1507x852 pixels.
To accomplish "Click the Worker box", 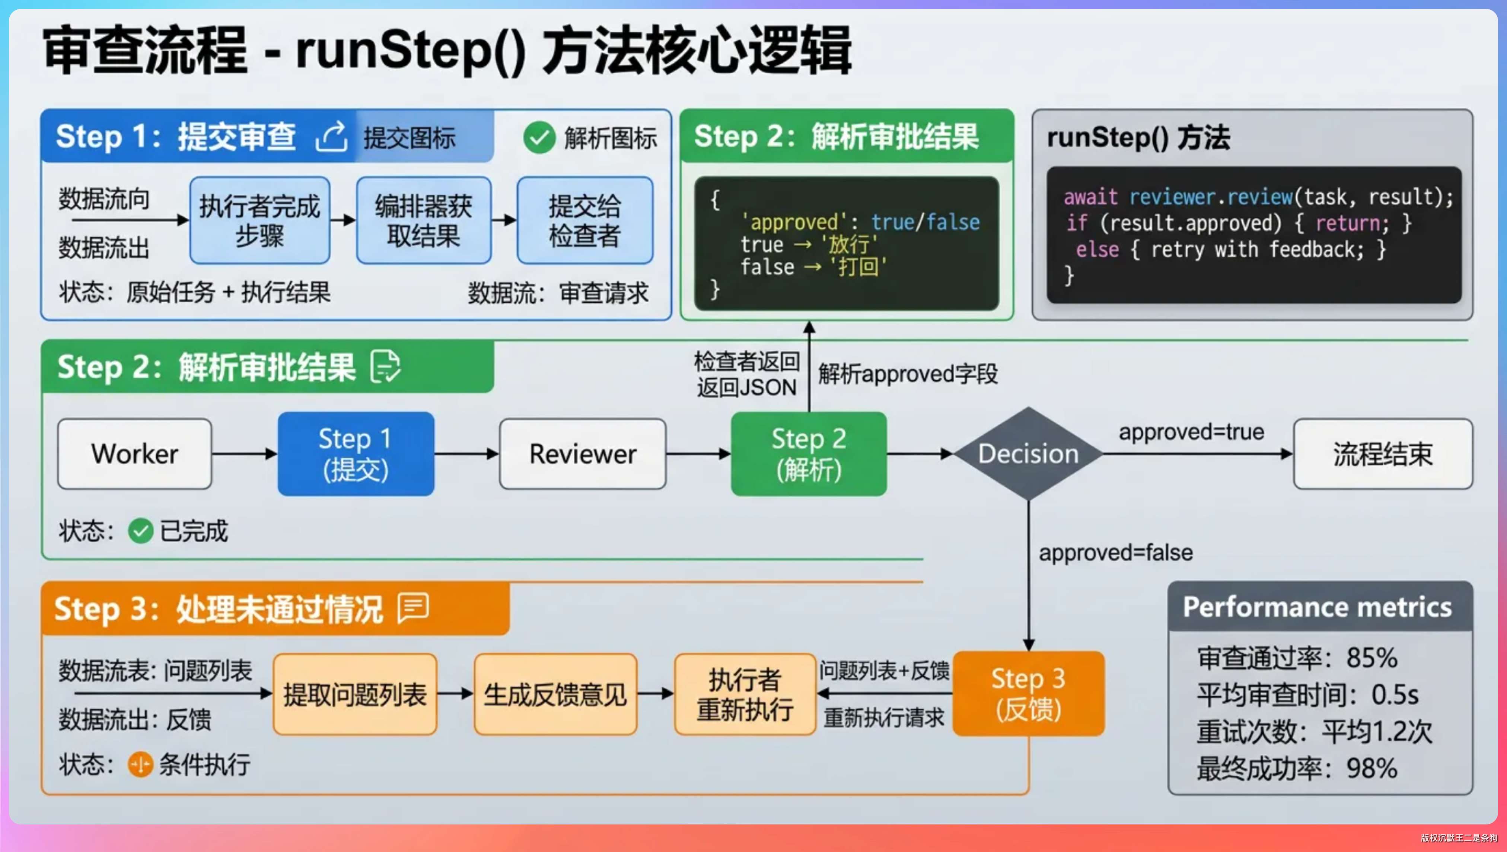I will [x=134, y=454].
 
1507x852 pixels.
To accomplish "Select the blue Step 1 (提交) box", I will [x=356, y=454].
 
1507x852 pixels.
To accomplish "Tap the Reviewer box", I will [x=583, y=454].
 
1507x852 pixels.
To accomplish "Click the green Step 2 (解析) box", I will [x=809, y=454].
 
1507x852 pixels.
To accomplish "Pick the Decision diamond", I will [x=1028, y=454].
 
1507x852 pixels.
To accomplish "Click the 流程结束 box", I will [x=1382, y=454].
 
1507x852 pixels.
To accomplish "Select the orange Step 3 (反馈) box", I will [x=1028, y=693].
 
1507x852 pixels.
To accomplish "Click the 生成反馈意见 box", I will [x=555, y=694].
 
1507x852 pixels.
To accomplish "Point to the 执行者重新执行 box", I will [x=745, y=694].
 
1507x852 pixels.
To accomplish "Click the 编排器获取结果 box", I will [x=424, y=220].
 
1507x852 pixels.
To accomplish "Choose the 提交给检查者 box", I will [x=584, y=220].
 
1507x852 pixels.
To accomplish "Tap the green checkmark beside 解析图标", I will [x=539, y=137].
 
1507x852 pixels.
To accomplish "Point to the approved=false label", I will [x=1115, y=552].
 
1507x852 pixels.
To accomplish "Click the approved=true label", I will [x=1191, y=432].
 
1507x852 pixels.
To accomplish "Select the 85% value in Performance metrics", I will [x=1372, y=657].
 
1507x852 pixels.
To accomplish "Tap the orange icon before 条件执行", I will [x=140, y=764].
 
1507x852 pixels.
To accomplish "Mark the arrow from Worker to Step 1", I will [x=245, y=454].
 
